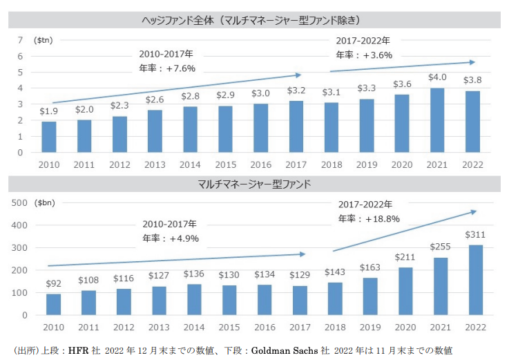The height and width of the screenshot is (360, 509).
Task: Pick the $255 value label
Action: tap(439, 246)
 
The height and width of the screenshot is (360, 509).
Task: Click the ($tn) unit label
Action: tap(44, 39)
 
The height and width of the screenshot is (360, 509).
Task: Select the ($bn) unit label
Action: tap(47, 202)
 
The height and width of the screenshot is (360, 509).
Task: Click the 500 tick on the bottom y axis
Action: tap(19, 202)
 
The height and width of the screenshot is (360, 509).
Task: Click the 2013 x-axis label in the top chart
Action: tap(155, 164)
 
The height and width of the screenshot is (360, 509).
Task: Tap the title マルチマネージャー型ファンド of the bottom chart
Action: tap(253, 184)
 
